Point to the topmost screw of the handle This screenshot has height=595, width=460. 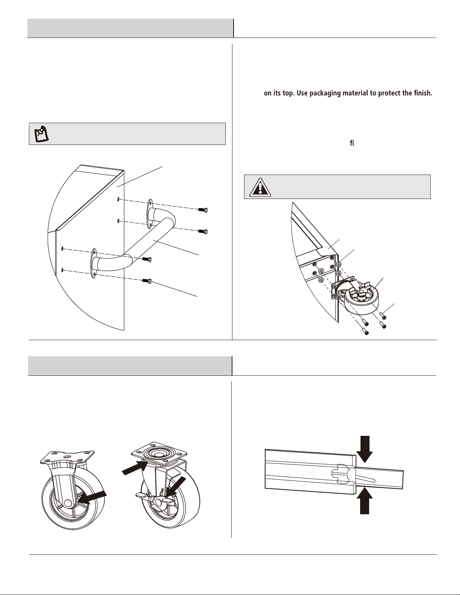204,209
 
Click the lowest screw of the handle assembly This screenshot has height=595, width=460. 147,280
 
